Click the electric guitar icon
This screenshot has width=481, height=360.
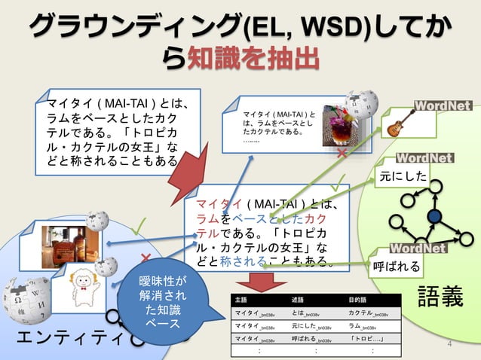(397, 126)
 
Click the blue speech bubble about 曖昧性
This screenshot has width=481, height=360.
(160, 302)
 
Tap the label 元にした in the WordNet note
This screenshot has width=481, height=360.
(403, 178)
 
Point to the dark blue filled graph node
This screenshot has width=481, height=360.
(434, 217)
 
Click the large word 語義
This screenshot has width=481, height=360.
(440, 296)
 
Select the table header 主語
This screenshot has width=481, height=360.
(241, 299)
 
